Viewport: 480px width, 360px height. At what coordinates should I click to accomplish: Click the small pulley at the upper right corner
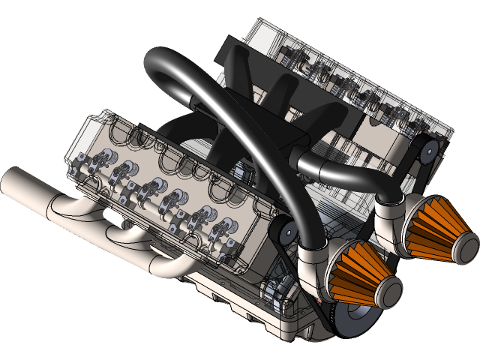pyautogui.click(x=426, y=151)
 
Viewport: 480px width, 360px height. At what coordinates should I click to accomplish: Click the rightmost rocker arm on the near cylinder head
pyautogui.click(x=225, y=228)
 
